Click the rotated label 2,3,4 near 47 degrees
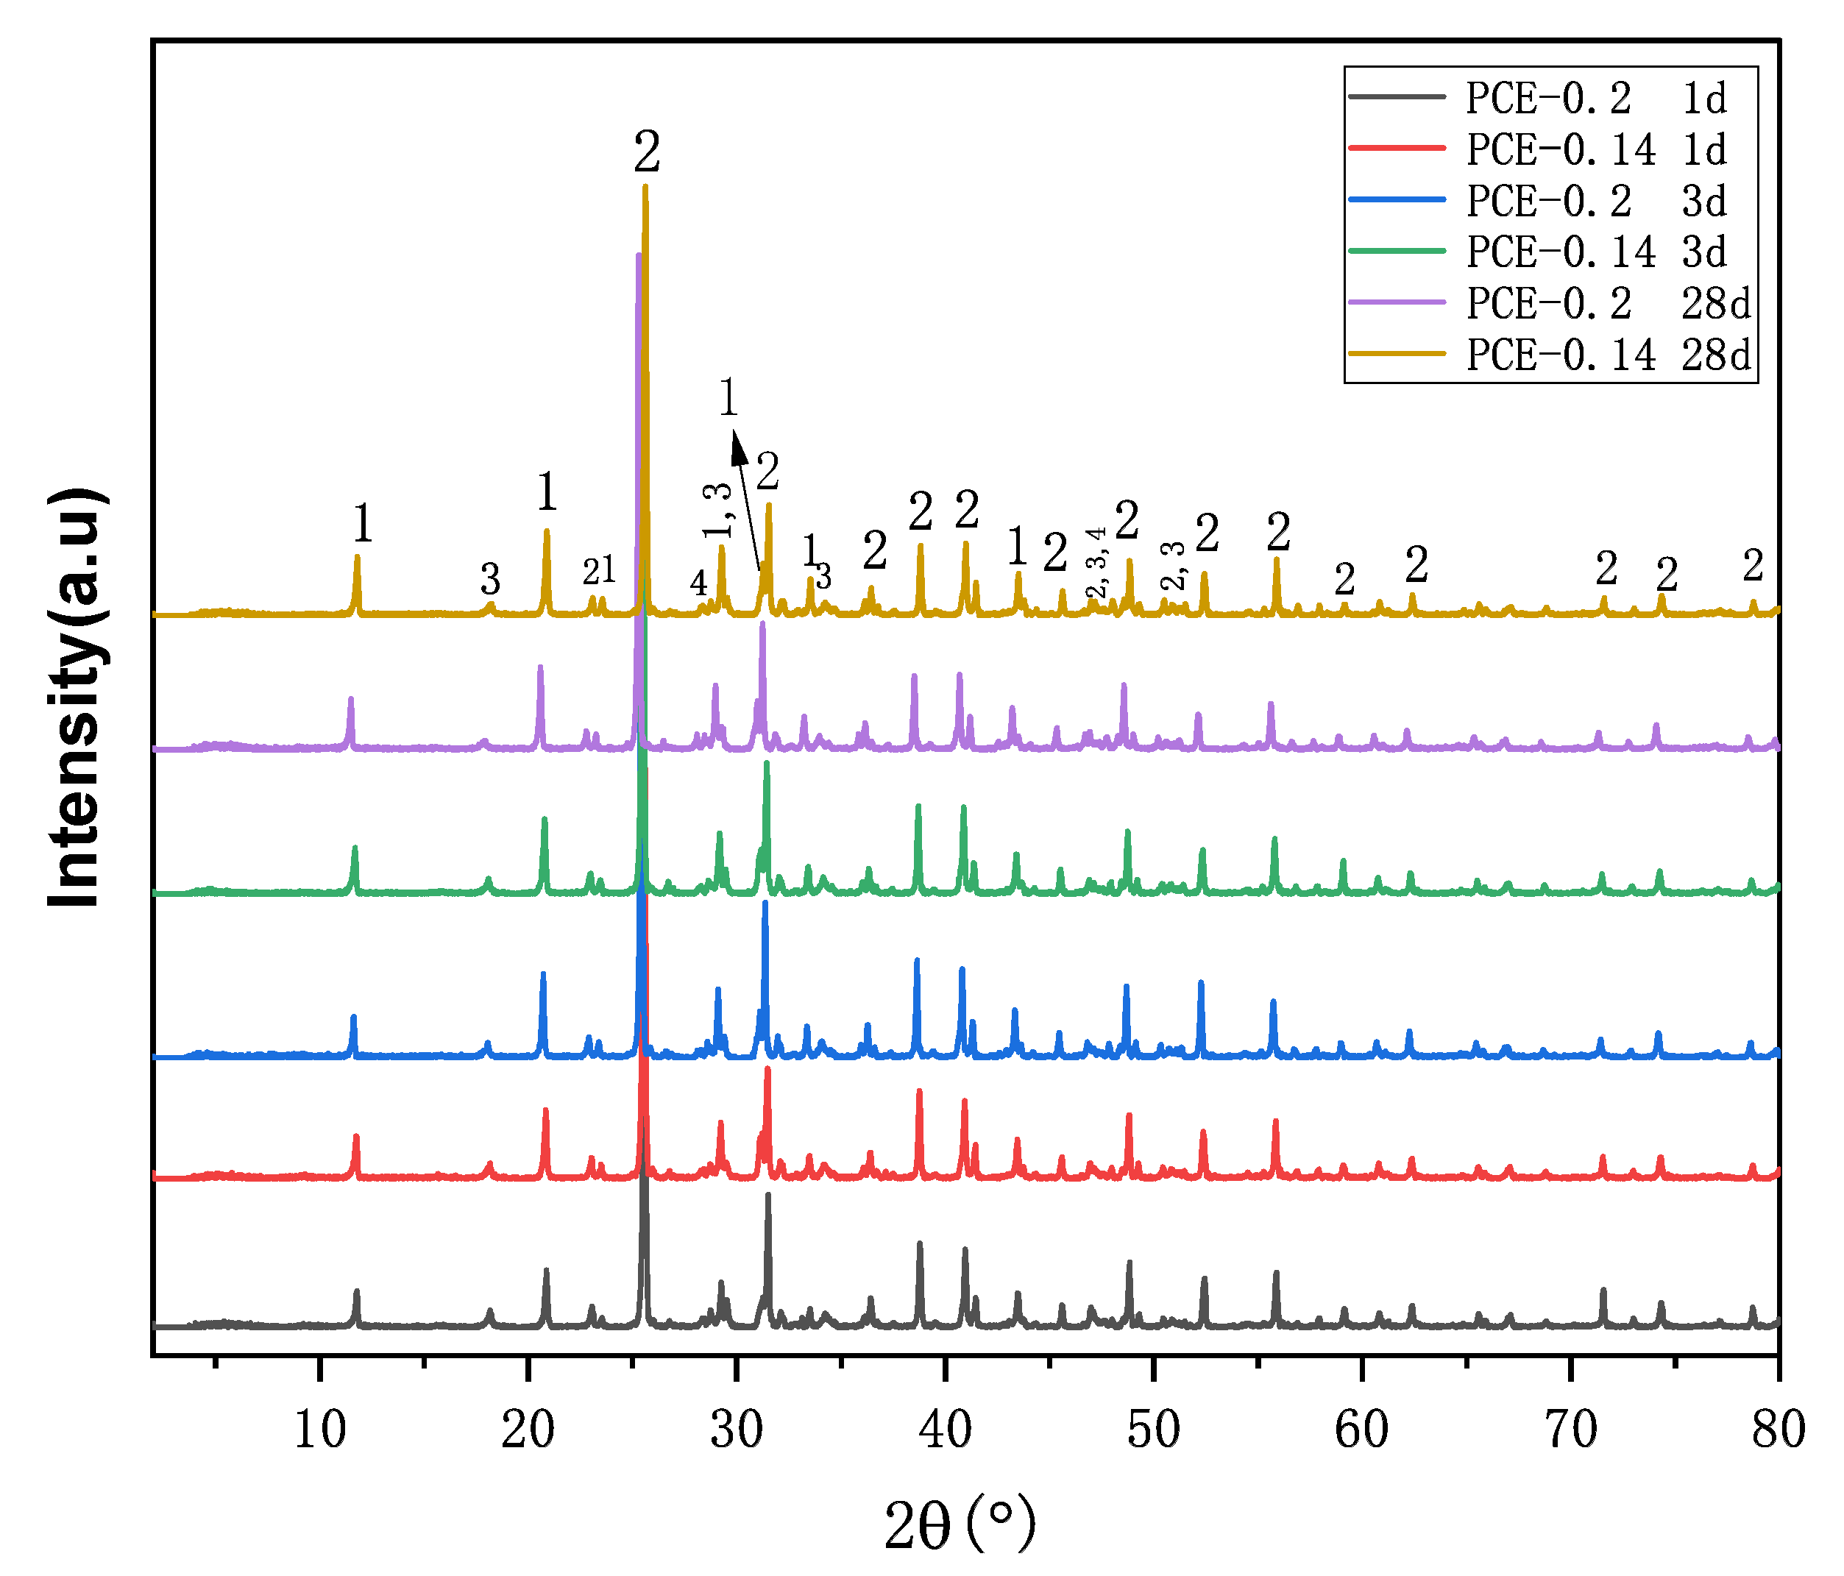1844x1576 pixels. pyautogui.click(x=1097, y=561)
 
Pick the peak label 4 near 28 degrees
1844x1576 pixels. pyautogui.click(x=698, y=583)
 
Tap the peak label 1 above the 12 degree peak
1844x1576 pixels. pyautogui.click(x=362, y=523)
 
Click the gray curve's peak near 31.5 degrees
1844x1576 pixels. pyautogui.click(x=767, y=1196)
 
